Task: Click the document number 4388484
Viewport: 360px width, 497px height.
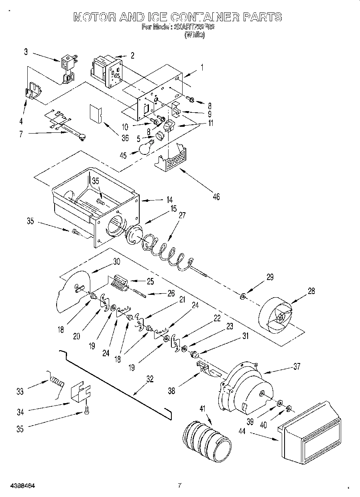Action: [x=21, y=486]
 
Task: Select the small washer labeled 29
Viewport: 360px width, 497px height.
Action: [x=243, y=296]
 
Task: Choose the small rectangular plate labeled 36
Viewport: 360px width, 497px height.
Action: [x=96, y=113]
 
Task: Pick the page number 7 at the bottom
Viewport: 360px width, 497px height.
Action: [x=180, y=485]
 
